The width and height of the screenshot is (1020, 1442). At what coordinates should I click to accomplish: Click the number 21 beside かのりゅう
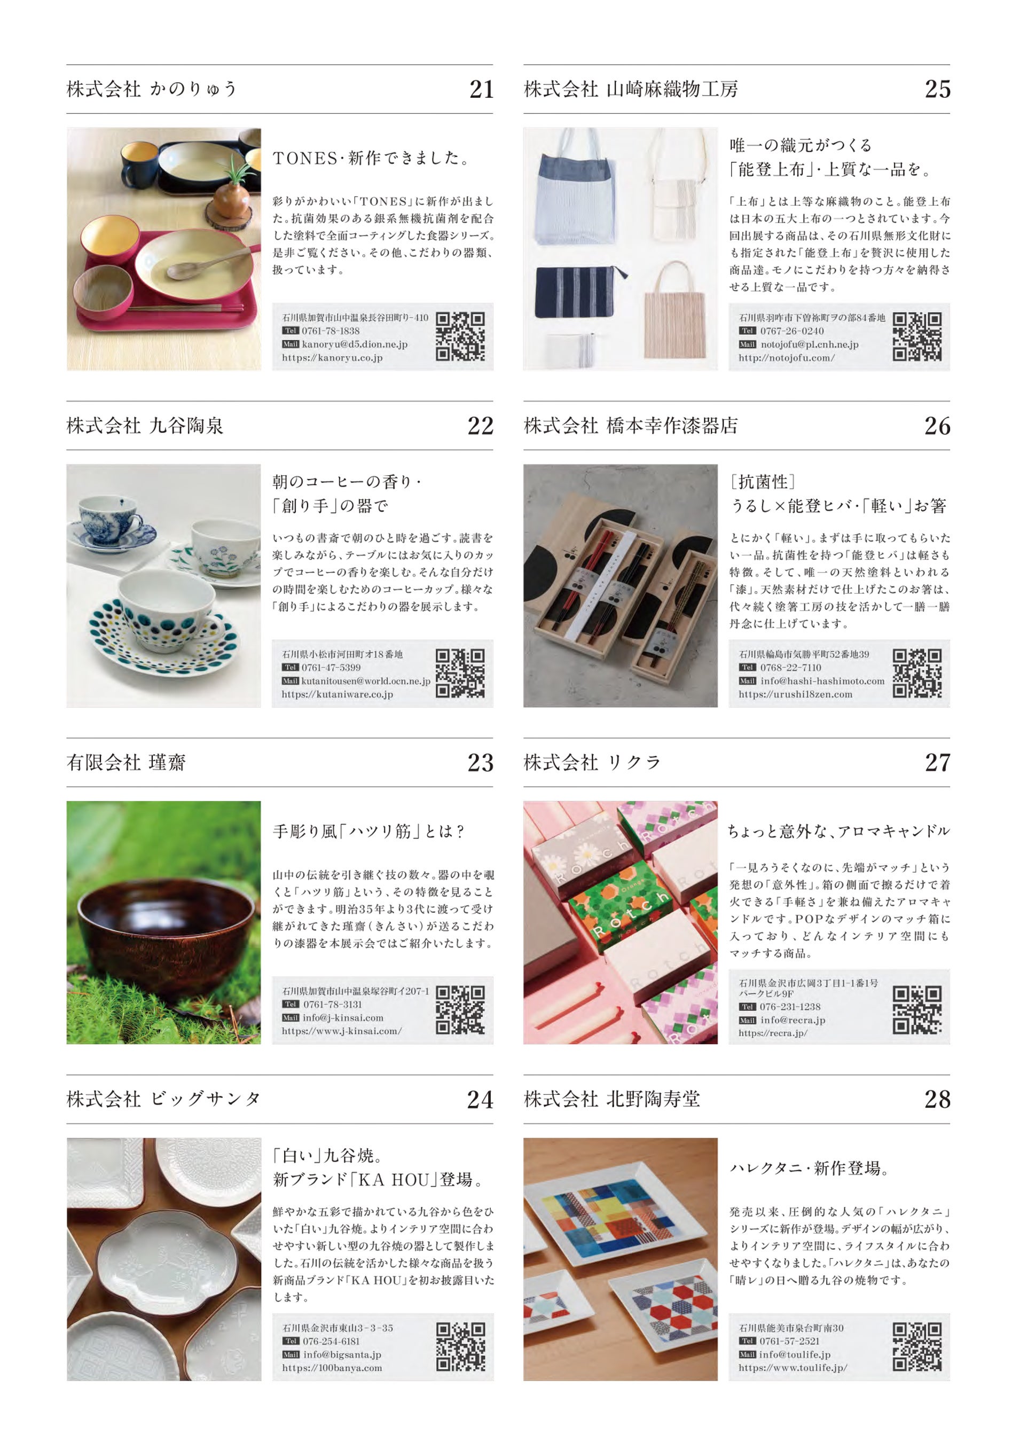[x=481, y=89]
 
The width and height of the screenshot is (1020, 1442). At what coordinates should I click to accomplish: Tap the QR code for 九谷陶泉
[x=460, y=673]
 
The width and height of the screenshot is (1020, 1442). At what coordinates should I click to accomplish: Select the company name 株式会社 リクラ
[x=592, y=763]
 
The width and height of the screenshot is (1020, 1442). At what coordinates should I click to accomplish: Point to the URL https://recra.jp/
[x=773, y=1033]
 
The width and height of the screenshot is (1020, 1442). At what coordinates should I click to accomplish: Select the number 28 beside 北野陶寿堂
[x=937, y=1099]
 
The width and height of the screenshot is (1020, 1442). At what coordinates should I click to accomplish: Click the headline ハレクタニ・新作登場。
[x=809, y=1168]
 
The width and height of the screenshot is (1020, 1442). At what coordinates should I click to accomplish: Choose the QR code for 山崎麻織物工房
[x=917, y=336]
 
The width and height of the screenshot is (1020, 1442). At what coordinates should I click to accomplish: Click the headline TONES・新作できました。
[x=372, y=158]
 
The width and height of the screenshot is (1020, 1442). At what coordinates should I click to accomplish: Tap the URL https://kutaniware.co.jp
[x=338, y=694]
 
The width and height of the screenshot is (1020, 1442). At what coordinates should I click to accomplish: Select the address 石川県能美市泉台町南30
[x=791, y=1328]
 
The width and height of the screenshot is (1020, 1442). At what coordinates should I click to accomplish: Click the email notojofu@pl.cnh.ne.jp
[x=809, y=344]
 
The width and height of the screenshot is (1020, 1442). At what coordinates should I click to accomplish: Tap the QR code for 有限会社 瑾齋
[x=460, y=1010]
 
